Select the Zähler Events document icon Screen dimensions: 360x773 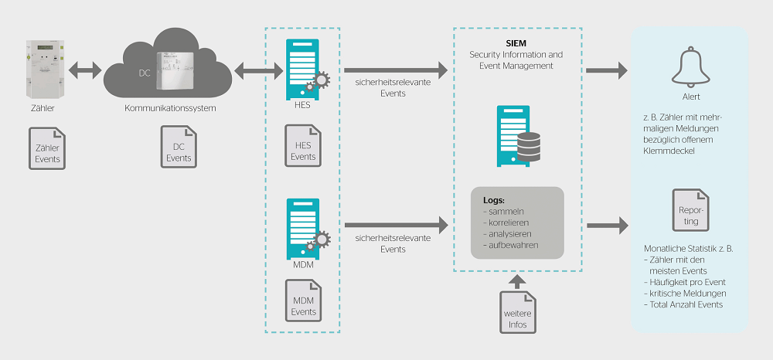(47, 148)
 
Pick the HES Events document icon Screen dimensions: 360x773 (303, 146)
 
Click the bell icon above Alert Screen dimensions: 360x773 (690, 67)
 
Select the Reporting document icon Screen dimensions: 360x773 (690, 210)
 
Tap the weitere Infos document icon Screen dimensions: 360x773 (517, 311)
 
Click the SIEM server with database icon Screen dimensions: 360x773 (516, 136)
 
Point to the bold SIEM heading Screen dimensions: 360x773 (516, 43)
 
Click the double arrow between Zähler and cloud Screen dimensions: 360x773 (85, 72)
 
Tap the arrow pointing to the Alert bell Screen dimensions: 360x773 (605, 72)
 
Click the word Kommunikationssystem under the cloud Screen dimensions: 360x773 (170, 108)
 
